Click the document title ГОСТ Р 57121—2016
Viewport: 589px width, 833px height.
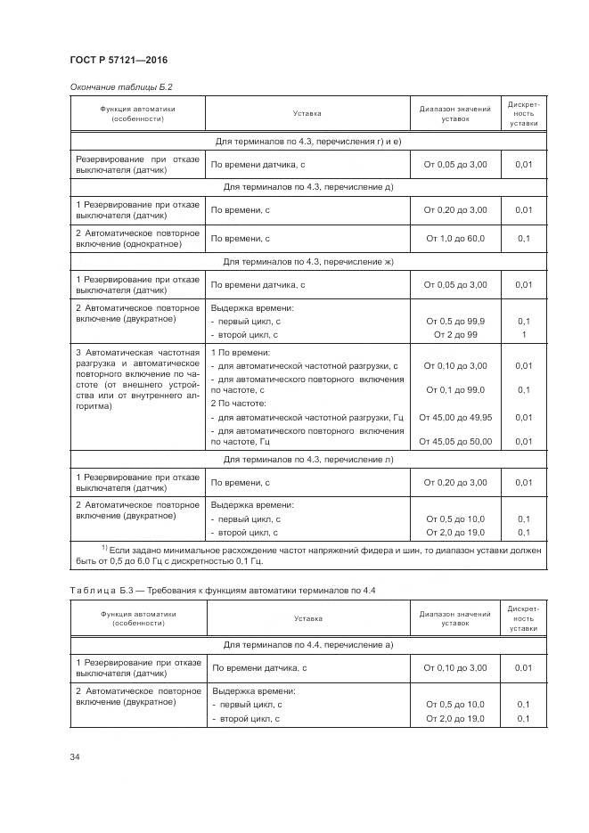point(119,61)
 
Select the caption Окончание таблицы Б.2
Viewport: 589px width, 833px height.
point(120,86)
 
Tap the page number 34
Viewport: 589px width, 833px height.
point(75,756)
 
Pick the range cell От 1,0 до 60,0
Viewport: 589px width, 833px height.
point(454,239)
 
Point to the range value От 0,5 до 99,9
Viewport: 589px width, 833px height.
point(454,321)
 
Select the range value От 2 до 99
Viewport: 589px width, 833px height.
point(454,334)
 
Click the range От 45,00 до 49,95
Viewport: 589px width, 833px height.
point(454,417)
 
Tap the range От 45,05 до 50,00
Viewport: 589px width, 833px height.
point(454,441)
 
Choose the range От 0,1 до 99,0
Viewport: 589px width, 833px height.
point(454,390)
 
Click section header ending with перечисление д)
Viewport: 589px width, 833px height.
point(308,187)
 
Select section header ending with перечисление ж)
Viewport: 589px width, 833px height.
point(308,262)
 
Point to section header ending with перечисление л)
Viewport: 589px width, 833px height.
point(308,460)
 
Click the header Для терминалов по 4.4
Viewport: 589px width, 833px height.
point(308,644)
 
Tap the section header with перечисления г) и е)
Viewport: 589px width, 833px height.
point(308,141)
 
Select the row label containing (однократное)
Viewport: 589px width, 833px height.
point(137,239)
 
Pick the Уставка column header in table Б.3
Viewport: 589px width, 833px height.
point(307,619)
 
